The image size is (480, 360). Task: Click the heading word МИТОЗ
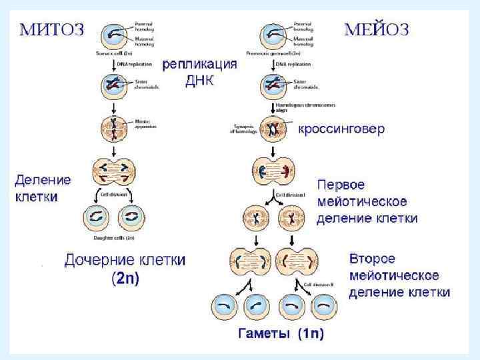point(51,29)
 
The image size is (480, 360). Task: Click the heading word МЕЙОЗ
point(377,29)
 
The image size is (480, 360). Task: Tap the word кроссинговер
point(341,129)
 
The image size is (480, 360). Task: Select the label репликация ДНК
point(200,73)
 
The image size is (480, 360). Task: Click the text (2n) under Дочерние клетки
point(125,279)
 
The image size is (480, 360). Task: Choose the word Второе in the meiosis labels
point(372,258)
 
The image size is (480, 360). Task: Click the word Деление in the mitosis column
point(43,180)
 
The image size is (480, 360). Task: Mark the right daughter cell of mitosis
point(129,217)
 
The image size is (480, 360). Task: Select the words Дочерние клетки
point(125,260)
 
